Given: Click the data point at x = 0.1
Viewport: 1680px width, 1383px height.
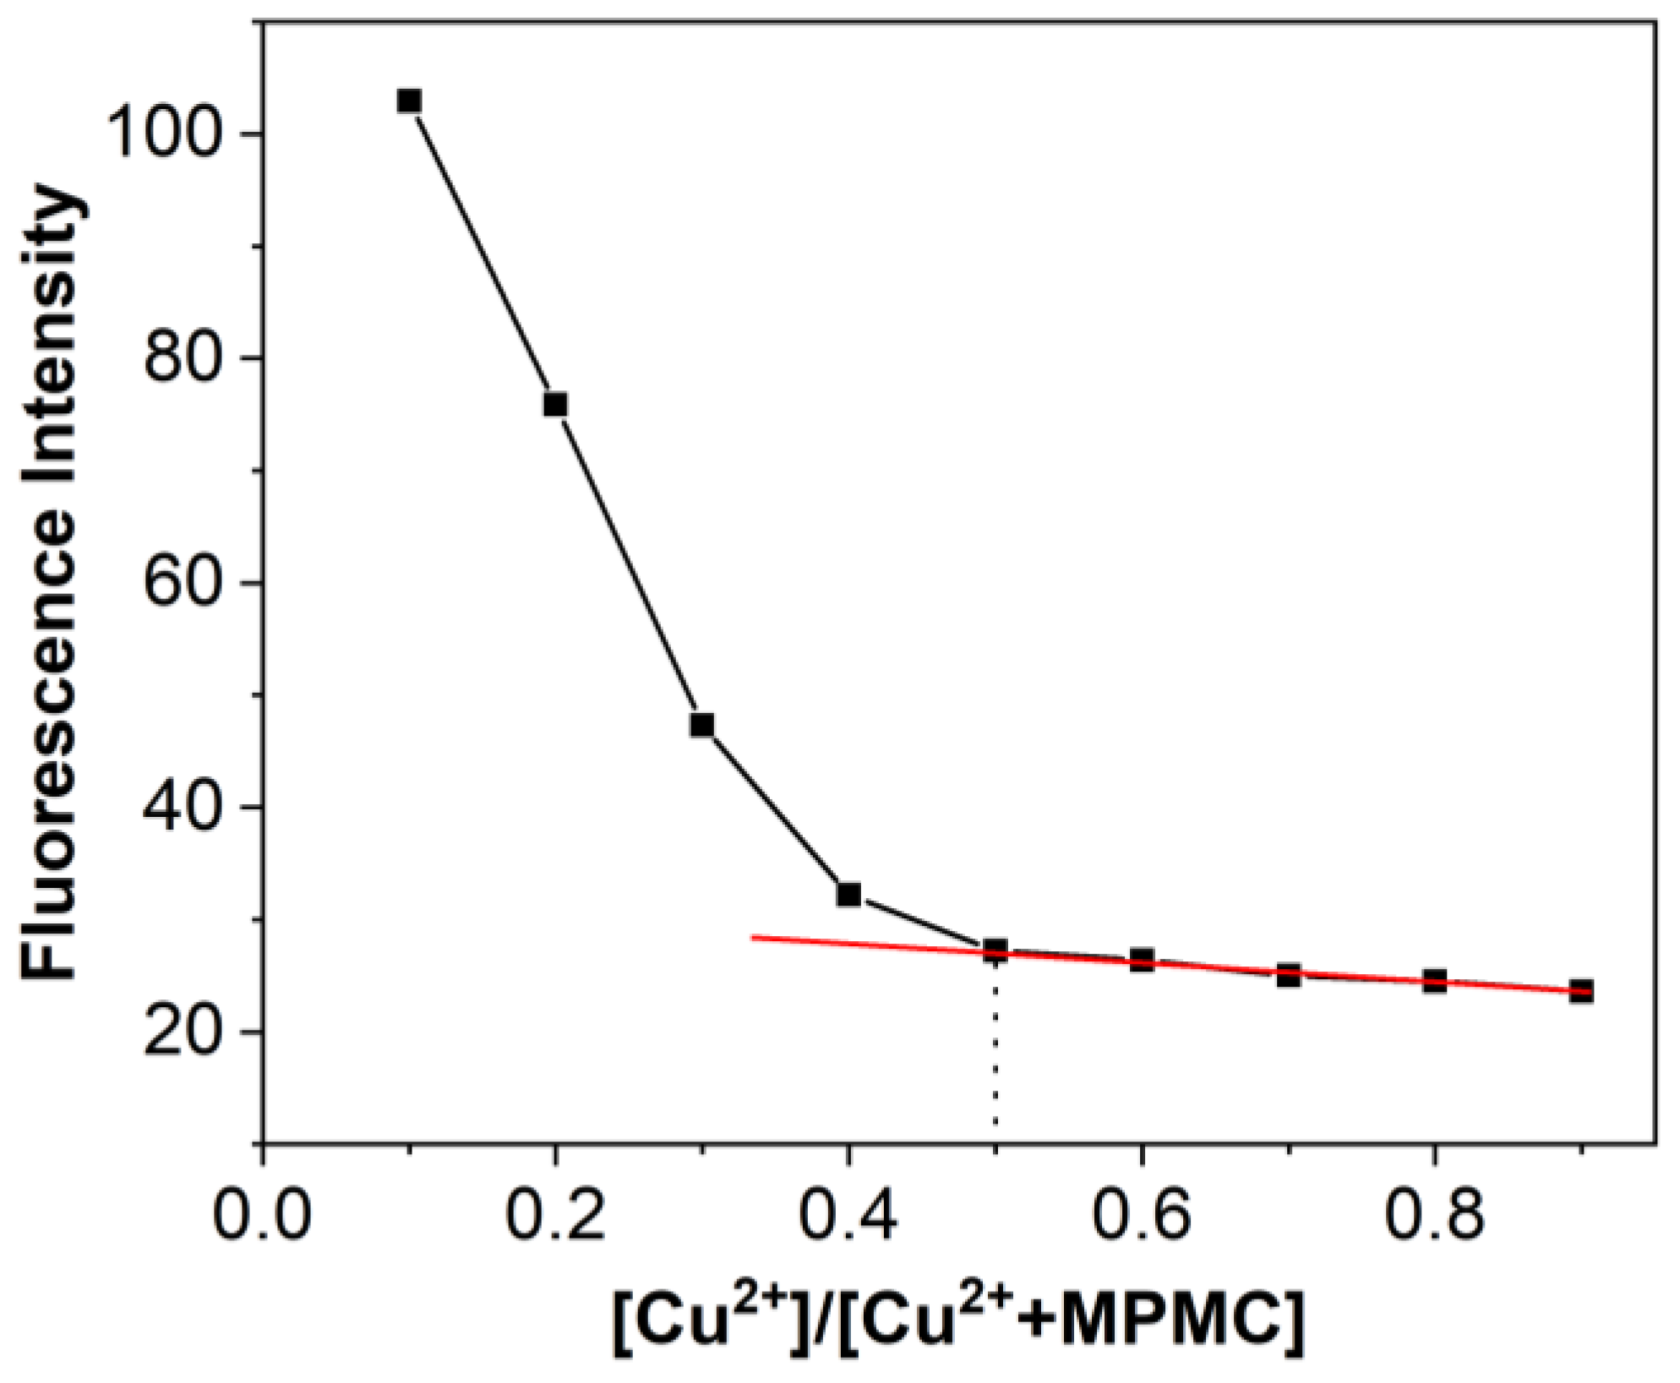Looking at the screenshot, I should [x=409, y=101].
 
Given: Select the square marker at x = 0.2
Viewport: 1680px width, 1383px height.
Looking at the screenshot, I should [x=555, y=405].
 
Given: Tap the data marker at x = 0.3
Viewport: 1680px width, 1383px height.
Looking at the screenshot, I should [x=701, y=725].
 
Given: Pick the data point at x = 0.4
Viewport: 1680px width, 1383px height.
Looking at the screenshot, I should [x=848, y=894].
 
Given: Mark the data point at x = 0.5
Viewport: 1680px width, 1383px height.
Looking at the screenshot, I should [x=995, y=950].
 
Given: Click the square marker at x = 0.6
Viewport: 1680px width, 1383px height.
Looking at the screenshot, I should [x=1142, y=960].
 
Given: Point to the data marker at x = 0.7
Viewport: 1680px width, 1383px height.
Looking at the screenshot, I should [x=1288, y=976].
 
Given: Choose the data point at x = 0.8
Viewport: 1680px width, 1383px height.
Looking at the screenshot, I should [x=1434, y=981].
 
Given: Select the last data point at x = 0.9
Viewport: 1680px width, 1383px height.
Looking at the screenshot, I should [x=1581, y=991].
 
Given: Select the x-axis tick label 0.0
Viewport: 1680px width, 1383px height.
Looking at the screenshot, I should [x=262, y=1217].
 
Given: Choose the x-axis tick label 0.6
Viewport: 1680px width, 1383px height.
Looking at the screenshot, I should [x=1142, y=1217].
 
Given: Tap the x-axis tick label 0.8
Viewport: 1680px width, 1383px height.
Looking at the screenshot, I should [x=1434, y=1217].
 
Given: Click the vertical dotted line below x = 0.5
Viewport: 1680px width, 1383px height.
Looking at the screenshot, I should [x=995, y=1048].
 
